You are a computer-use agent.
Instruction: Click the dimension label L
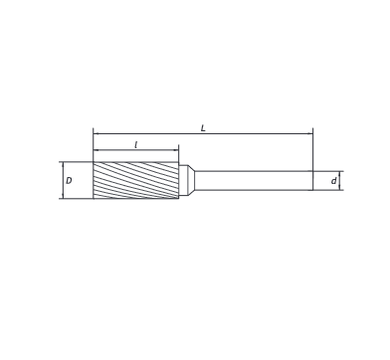(x=203, y=128)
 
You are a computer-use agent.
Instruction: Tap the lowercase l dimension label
(x=136, y=145)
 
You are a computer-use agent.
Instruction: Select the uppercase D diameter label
(x=69, y=181)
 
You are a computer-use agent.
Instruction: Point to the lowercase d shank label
(x=333, y=181)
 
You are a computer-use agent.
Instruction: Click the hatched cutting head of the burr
(x=136, y=180)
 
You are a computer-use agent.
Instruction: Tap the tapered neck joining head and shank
(x=191, y=181)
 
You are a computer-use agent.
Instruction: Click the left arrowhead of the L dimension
(x=97, y=133)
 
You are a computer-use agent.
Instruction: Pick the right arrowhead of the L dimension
(x=310, y=133)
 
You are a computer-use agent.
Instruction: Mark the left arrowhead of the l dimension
(x=97, y=150)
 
